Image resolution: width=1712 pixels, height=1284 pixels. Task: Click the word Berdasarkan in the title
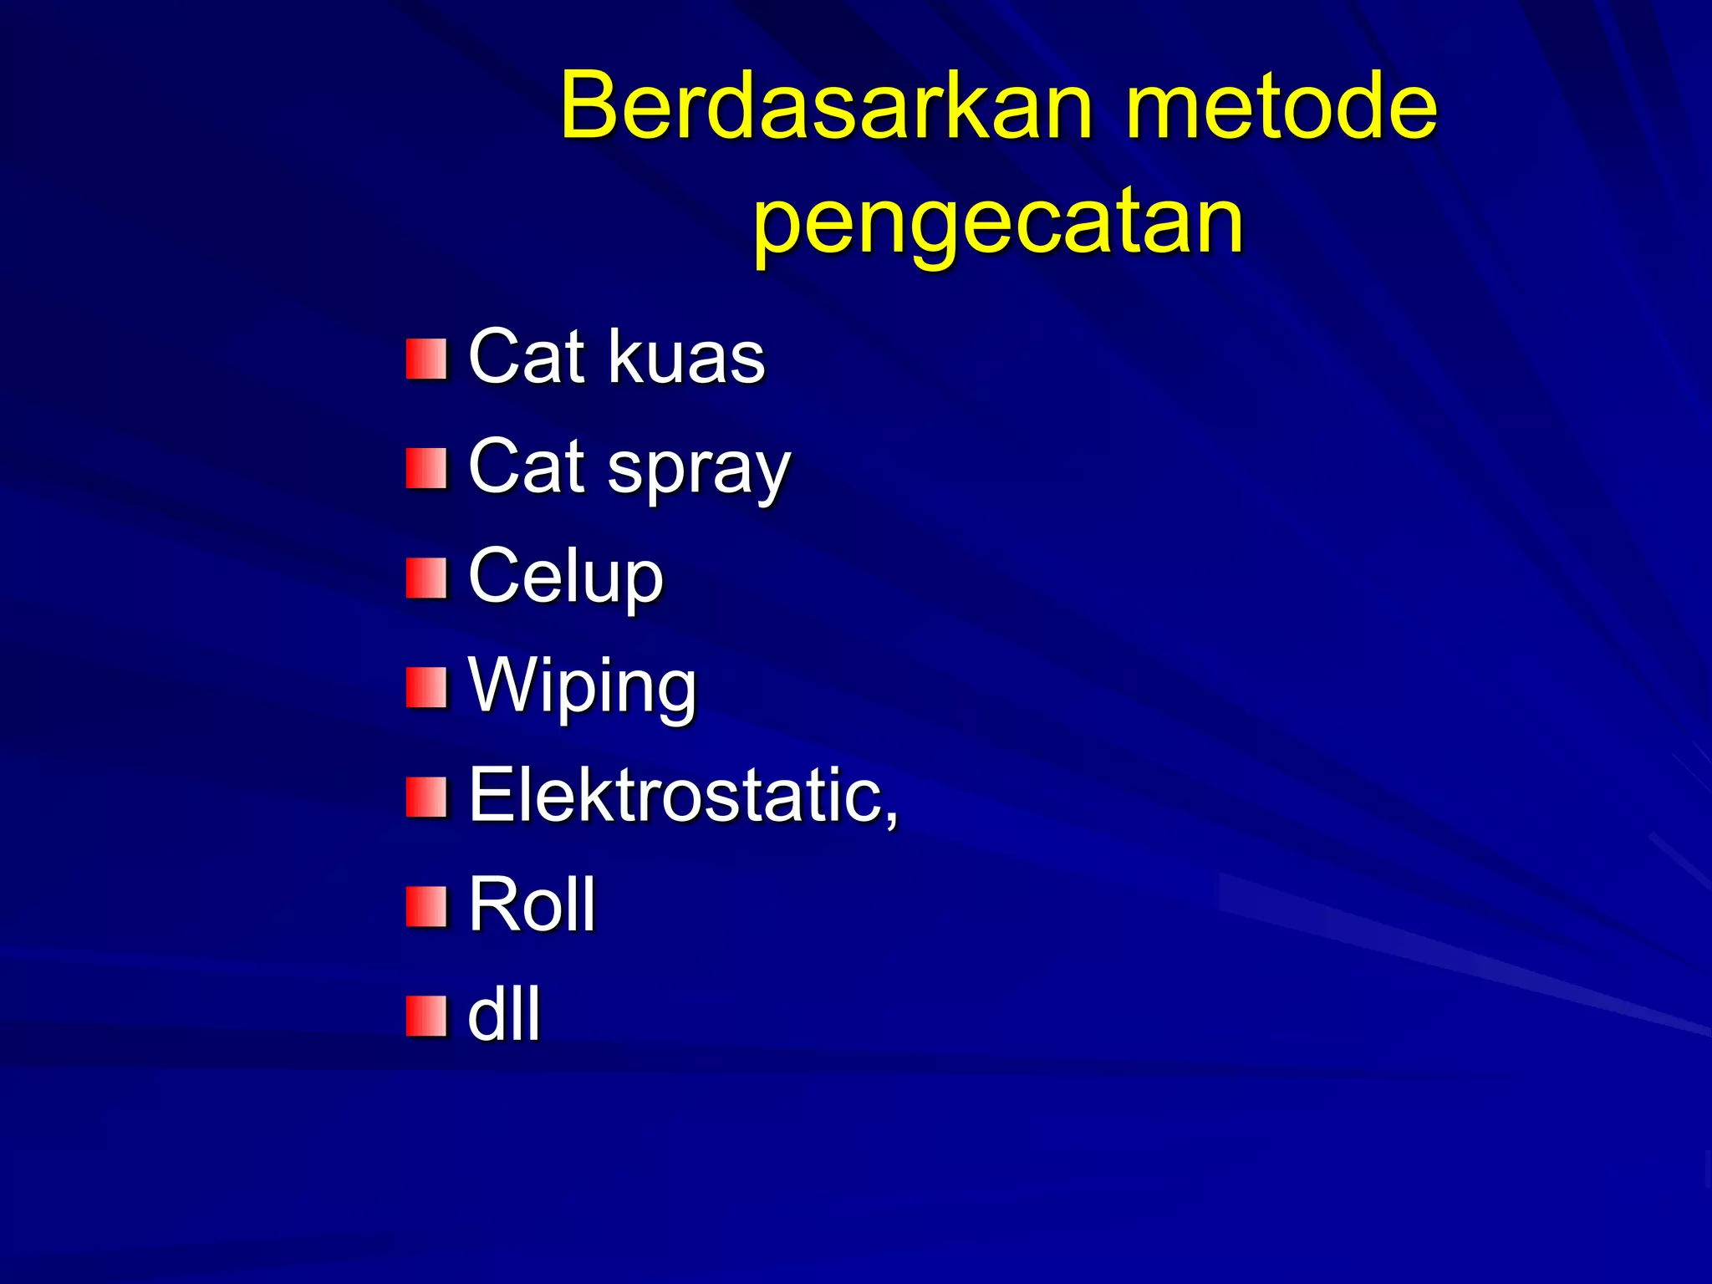click(x=826, y=107)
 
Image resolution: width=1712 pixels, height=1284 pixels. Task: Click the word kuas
click(x=685, y=358)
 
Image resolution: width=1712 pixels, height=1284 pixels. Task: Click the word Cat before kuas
click(x=526, y=358)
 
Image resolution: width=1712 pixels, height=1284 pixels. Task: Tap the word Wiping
click(x=582, y=687)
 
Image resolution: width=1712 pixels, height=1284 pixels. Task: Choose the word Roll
click(x=532, y=904)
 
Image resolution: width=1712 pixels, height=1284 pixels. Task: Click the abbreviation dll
click(x=504, y=1015)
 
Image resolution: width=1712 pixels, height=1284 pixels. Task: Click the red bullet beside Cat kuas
click(x=425, y=359)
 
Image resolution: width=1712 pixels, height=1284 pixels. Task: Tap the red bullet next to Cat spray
click(x=425, y=468)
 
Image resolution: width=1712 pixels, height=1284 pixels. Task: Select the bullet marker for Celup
click(x=425, y=578)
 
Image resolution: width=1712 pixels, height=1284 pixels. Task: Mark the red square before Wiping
click(x=425, y=687)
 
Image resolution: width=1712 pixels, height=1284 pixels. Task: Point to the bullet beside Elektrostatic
click(x=425, y=797)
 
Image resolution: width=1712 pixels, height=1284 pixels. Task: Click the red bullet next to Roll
click(x=425, y=907)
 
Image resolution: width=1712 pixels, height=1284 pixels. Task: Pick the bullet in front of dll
click(x=425, y=1016)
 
